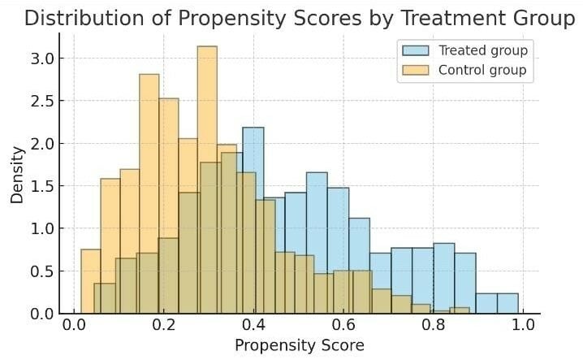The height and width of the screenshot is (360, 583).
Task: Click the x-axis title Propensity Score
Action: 299,345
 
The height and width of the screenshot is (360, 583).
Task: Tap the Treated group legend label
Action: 482,50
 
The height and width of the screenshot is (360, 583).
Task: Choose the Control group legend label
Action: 482,70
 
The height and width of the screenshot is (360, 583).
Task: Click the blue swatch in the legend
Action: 416,50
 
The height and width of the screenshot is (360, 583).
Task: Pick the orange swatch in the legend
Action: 416,70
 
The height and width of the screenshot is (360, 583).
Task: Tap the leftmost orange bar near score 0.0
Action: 91,280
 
